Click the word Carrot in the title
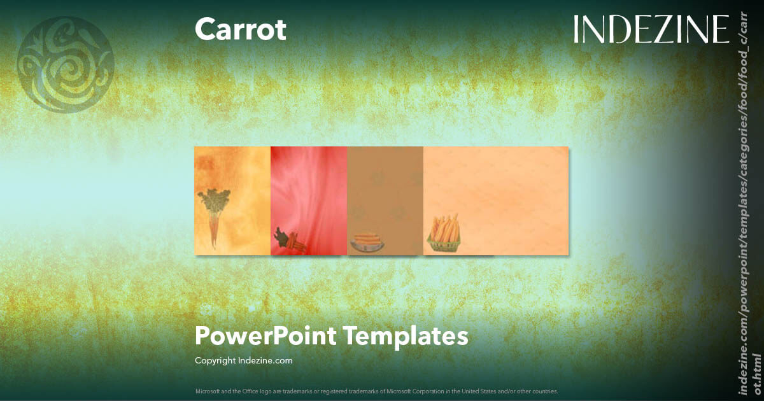coord(241,30)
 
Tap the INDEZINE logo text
coord(651,30)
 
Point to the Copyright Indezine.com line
coord(244,360)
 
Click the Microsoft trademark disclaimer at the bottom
coord(377,391)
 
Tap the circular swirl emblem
coord(66,64)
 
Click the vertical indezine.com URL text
coord(748,204)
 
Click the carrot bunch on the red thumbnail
coord(288,240)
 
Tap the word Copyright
coord(215,360)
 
